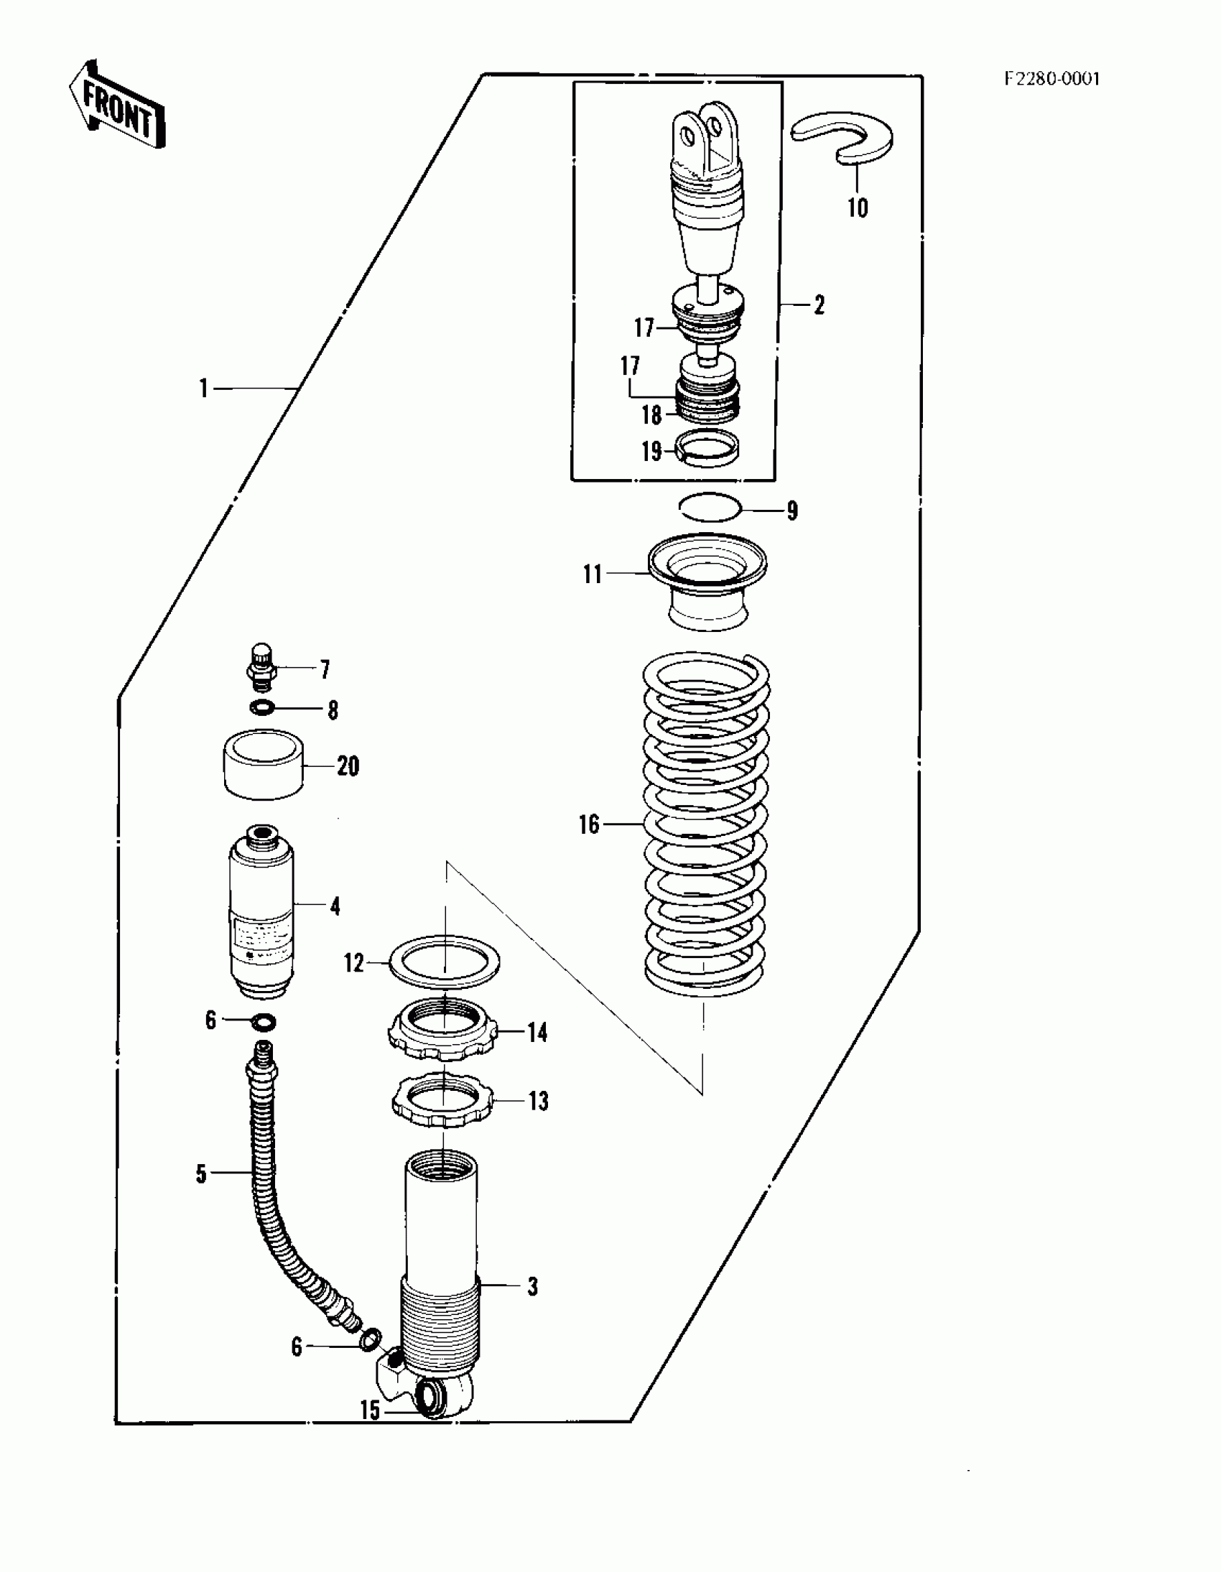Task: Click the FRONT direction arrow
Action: [116, 105]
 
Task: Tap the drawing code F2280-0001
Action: [1051, 78]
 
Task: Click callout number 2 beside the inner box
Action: [819, 305]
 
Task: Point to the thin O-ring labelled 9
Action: [710, 508]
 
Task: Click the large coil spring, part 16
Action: [705, 824]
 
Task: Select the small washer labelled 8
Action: [263, 708]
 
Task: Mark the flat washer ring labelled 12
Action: [443, 962]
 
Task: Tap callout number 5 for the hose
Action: [201, 1174]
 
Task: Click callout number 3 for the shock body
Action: [532, 1286]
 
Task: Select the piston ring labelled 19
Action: [710, 447]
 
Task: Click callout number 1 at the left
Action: [204, 389]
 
